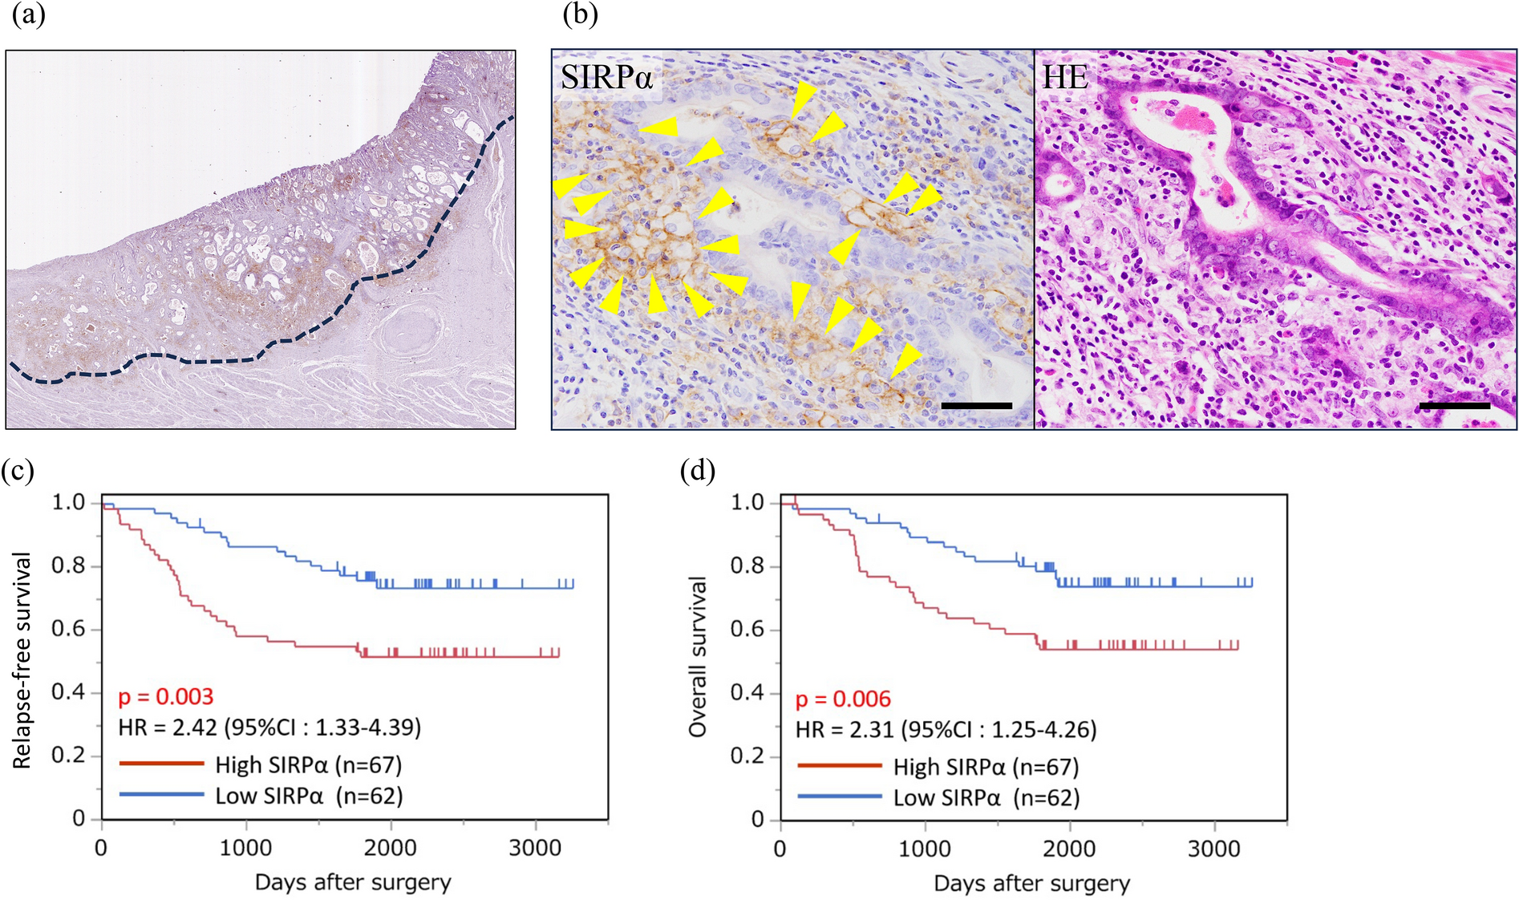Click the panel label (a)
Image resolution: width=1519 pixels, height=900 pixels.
(28, 15)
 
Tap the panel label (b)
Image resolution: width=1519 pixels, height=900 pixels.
(580, 15)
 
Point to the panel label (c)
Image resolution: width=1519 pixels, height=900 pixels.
(18, 470)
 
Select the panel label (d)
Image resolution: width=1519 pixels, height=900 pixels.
(697, 470)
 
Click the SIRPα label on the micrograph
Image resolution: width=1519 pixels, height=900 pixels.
(606, 78)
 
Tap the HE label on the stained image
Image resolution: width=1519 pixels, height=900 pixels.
(1065, 78)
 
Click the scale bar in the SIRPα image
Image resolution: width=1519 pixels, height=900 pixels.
(976, 406)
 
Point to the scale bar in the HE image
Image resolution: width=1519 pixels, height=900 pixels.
(1454, 406)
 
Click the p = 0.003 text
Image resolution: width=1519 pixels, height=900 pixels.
(166, 697)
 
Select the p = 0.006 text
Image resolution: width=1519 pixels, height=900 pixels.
(843, 699)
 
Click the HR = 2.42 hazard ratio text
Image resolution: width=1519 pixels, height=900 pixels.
(269, 728)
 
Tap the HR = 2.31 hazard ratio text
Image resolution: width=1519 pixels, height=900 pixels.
(946, 730)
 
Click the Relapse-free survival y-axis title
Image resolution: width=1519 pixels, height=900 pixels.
(22, 660)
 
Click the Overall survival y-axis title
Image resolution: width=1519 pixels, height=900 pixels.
(698, 657)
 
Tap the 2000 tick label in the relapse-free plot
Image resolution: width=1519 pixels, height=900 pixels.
(391, 848)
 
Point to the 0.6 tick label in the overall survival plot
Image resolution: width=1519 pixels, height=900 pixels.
(747, 630)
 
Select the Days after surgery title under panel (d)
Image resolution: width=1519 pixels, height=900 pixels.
(1031, 884)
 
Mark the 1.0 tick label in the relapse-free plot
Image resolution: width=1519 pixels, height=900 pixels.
(68, 503)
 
